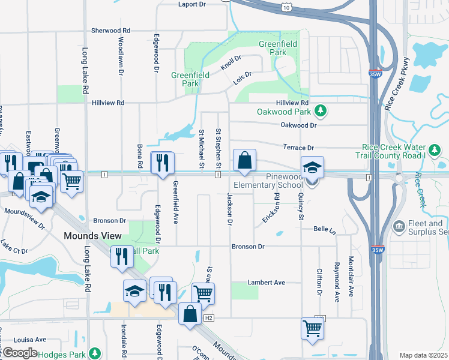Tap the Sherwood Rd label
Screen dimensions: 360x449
tap(110, 30)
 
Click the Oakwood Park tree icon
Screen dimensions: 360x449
tap(321, 110)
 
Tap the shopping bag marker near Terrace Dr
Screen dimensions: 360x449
tap(244, 161)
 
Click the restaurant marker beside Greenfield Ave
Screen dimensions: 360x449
tap(162, 163)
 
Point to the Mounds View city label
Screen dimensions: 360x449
tap(93, 236)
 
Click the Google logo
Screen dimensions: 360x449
tap(20, 352)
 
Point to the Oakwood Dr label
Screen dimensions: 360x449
tap(298, 125)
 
